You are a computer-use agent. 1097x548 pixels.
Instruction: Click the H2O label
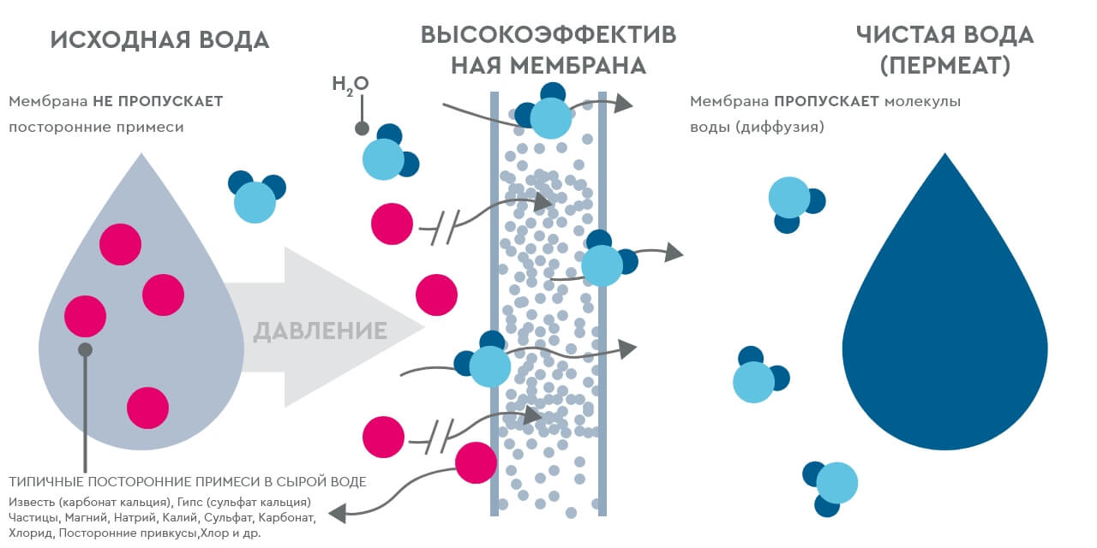pos(350,84)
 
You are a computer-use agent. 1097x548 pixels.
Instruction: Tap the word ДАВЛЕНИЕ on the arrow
pos(320,331)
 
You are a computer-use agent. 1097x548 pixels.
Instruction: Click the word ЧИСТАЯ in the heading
pos(908,35)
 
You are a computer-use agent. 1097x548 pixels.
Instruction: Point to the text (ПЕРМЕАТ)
pos(944,65)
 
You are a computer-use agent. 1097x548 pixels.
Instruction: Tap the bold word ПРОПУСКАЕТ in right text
pos(827,101)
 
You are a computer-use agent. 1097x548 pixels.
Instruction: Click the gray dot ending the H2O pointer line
pos(362,129)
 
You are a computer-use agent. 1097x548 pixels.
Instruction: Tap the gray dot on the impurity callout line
pos(85,349)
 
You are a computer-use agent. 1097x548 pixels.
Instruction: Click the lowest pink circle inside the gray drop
pos(147,408)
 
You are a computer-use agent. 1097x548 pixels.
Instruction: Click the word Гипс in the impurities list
pos(197,502)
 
